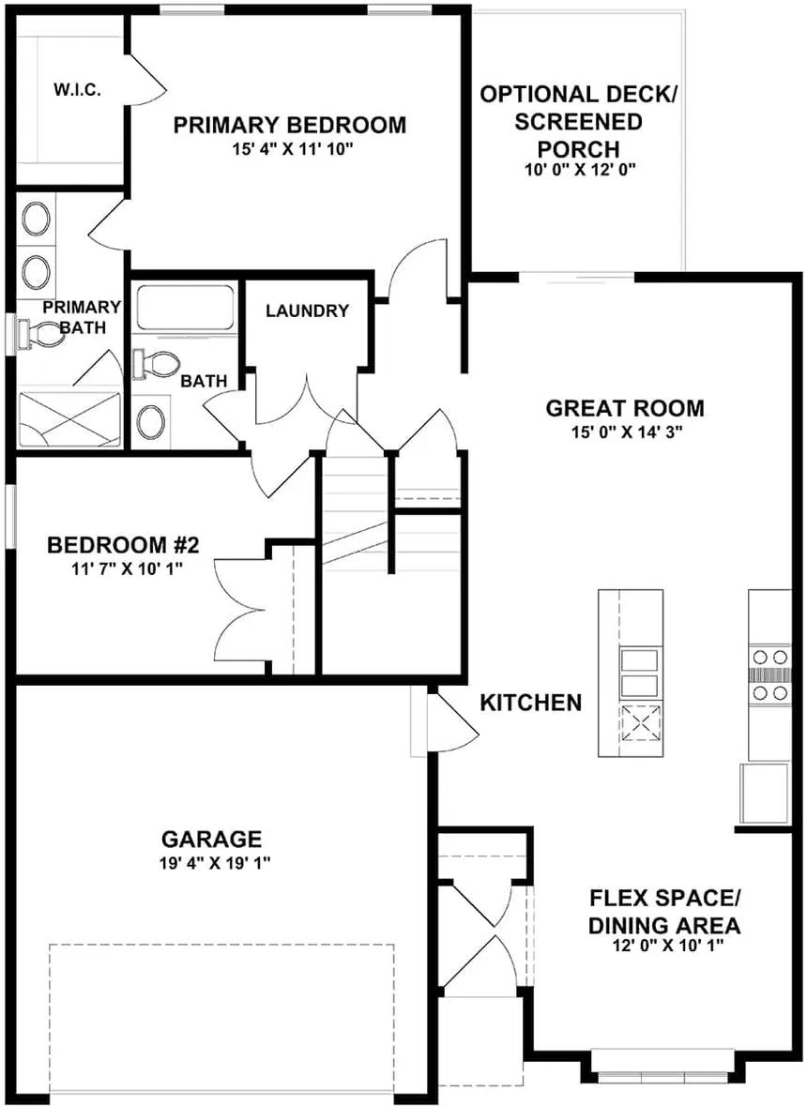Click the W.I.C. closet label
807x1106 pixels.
point(77,90)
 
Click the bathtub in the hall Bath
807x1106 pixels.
point(185,308)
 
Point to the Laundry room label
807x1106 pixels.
point(307,311)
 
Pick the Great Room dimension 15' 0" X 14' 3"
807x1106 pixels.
point(627,432)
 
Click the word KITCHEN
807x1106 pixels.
point(530,703)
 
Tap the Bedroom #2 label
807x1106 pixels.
point(124,544)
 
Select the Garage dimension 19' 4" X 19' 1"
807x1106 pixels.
point(215,863)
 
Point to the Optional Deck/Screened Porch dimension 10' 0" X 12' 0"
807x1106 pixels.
point(581,170)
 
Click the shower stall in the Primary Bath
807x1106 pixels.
point(69,419)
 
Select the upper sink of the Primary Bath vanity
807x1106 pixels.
point(37,220)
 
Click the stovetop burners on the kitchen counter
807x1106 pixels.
point(769,675)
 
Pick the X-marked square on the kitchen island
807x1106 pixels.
point(641,723)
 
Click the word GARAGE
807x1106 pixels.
point(212,840)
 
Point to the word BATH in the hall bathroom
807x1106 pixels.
point(204,382)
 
